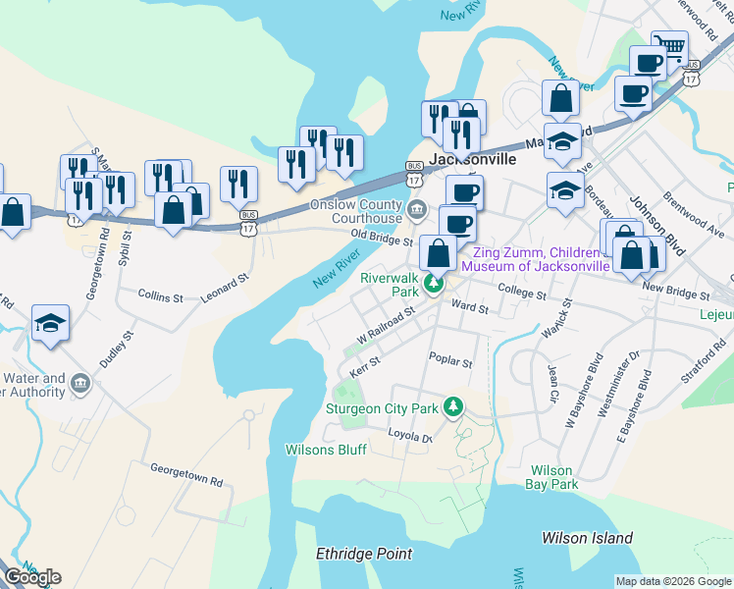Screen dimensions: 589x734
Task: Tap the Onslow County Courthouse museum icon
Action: [x=417, y=208]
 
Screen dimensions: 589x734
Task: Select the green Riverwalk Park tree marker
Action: [x=432, y=285]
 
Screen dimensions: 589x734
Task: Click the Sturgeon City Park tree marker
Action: [x=452, y=405]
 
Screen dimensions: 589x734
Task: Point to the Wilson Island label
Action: [x=587, y=538]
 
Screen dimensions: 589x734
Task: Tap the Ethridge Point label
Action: [x=364, y=554]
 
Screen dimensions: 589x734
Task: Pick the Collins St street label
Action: [x=161, y=295]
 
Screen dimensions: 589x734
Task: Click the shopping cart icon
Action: [x=670, y=46]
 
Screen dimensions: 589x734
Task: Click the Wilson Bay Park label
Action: [x=552, y=477]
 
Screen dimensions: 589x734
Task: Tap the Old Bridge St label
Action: [x=383, y=239]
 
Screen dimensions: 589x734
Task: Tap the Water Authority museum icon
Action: [x=80, y=384]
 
